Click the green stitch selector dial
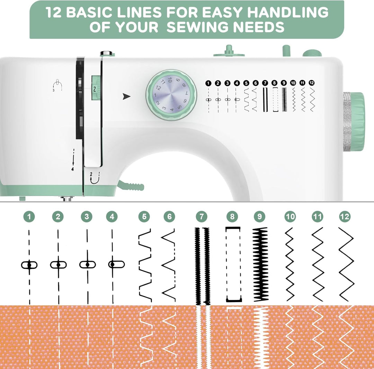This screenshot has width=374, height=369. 171,95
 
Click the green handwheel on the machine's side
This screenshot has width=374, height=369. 354,121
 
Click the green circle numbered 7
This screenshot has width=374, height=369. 201,217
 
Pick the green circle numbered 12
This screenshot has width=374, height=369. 345,217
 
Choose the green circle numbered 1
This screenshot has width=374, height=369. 29,217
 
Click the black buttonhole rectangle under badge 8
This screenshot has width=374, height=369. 233,264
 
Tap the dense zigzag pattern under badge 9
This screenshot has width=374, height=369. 260,264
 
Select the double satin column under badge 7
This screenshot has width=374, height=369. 202,266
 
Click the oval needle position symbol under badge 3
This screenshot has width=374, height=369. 87,265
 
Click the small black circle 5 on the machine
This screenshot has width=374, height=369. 246,83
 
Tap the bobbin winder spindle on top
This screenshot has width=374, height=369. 229,50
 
